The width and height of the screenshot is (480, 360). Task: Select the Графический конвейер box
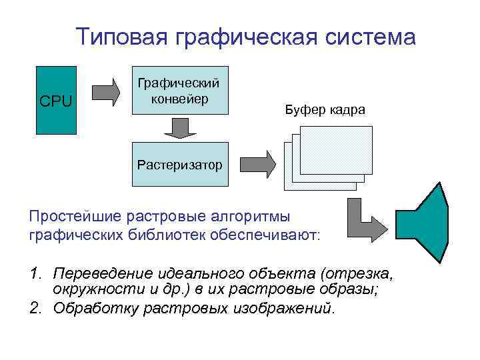point(180,90)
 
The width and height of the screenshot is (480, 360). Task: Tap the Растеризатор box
point(180,164)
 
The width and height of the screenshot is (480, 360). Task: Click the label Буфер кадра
point(325,109)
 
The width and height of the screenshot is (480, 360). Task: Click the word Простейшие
point(73,217)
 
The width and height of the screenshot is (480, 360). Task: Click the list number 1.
point(35,274)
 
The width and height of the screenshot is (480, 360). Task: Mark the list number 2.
point(35,309)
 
